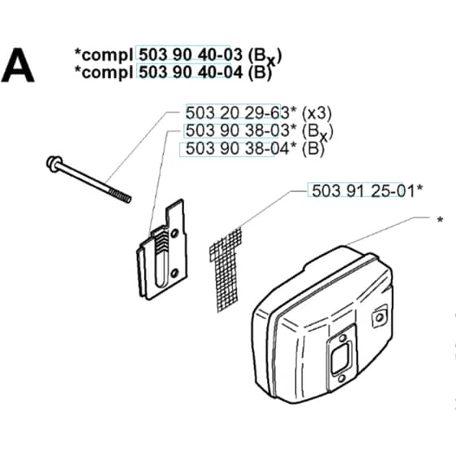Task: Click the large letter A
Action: click(x=18, y=66)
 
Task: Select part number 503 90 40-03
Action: click(x=191, y=55)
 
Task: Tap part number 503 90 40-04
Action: click(x=191, y=72)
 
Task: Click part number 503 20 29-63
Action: click(x=238, y=113)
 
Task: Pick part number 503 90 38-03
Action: click(x=238, y=130)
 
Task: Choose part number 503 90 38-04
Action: click(x=238, y=148)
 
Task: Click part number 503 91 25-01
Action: click(x=363, y=191)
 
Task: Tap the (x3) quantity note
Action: click(x=317, y=113)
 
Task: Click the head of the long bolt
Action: click(x=55, y=164)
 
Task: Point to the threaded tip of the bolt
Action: click(x=120, y=195)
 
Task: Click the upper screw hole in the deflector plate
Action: click(x=174, y=234)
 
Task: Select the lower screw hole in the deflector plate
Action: click(x=174, y=273)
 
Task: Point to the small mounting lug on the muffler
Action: click(x=379, y=317)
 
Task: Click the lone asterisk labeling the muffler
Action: click(x=440, y=220)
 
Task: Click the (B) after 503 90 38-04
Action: click(x=313, y=148)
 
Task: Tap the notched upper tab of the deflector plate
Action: click(x=175, y=213)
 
